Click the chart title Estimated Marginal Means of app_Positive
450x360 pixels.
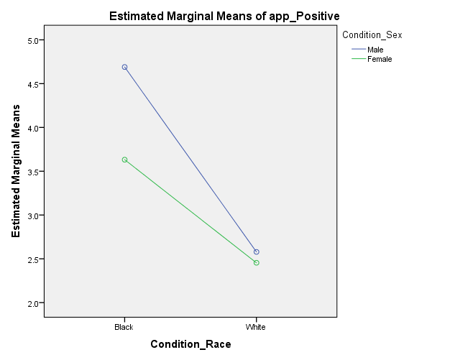click(x=224, y=15)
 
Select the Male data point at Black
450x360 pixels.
click(x=124, y=68)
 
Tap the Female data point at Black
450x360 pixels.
click(x=124, y=160)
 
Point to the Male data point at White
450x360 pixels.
click(x=257, y=251)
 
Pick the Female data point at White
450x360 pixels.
click(x=257, y=263)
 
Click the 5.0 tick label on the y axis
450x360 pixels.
click(x=31, y=40)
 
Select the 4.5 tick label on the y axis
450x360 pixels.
click(x=31, y=84)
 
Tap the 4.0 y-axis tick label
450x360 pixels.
click(x=31, y=128)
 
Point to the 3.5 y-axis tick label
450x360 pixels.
click(x=31, y=172)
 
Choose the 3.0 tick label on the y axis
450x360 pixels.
click(x=31, y=216)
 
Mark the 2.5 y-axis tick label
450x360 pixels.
click(x=31, y=259)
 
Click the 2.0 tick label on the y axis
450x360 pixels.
click(x=31, y=303)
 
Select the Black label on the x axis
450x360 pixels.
click(x=124, y=327)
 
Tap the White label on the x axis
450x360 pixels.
click(x=256, y=327)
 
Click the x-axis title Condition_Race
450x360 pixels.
click(x=190, y=344)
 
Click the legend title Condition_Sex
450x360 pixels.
click(x=372, y=34)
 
